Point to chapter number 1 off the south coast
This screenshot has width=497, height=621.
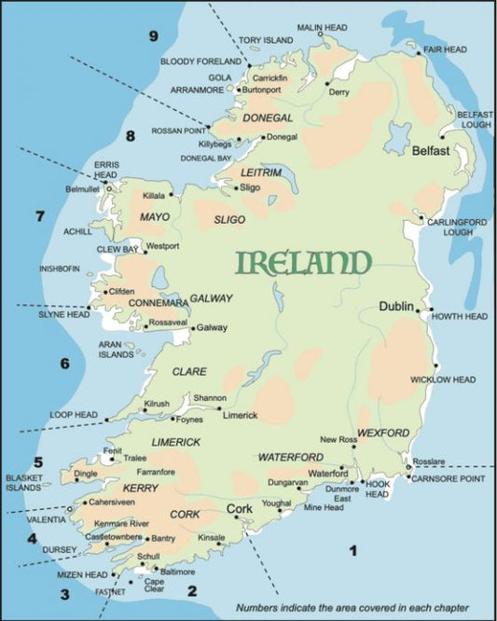352,551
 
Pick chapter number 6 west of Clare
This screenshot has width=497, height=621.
64,364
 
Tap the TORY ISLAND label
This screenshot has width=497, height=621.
265,41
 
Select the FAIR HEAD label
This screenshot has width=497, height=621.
445,48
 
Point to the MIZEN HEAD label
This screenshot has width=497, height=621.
84,575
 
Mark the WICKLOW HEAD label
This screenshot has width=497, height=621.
443,379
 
